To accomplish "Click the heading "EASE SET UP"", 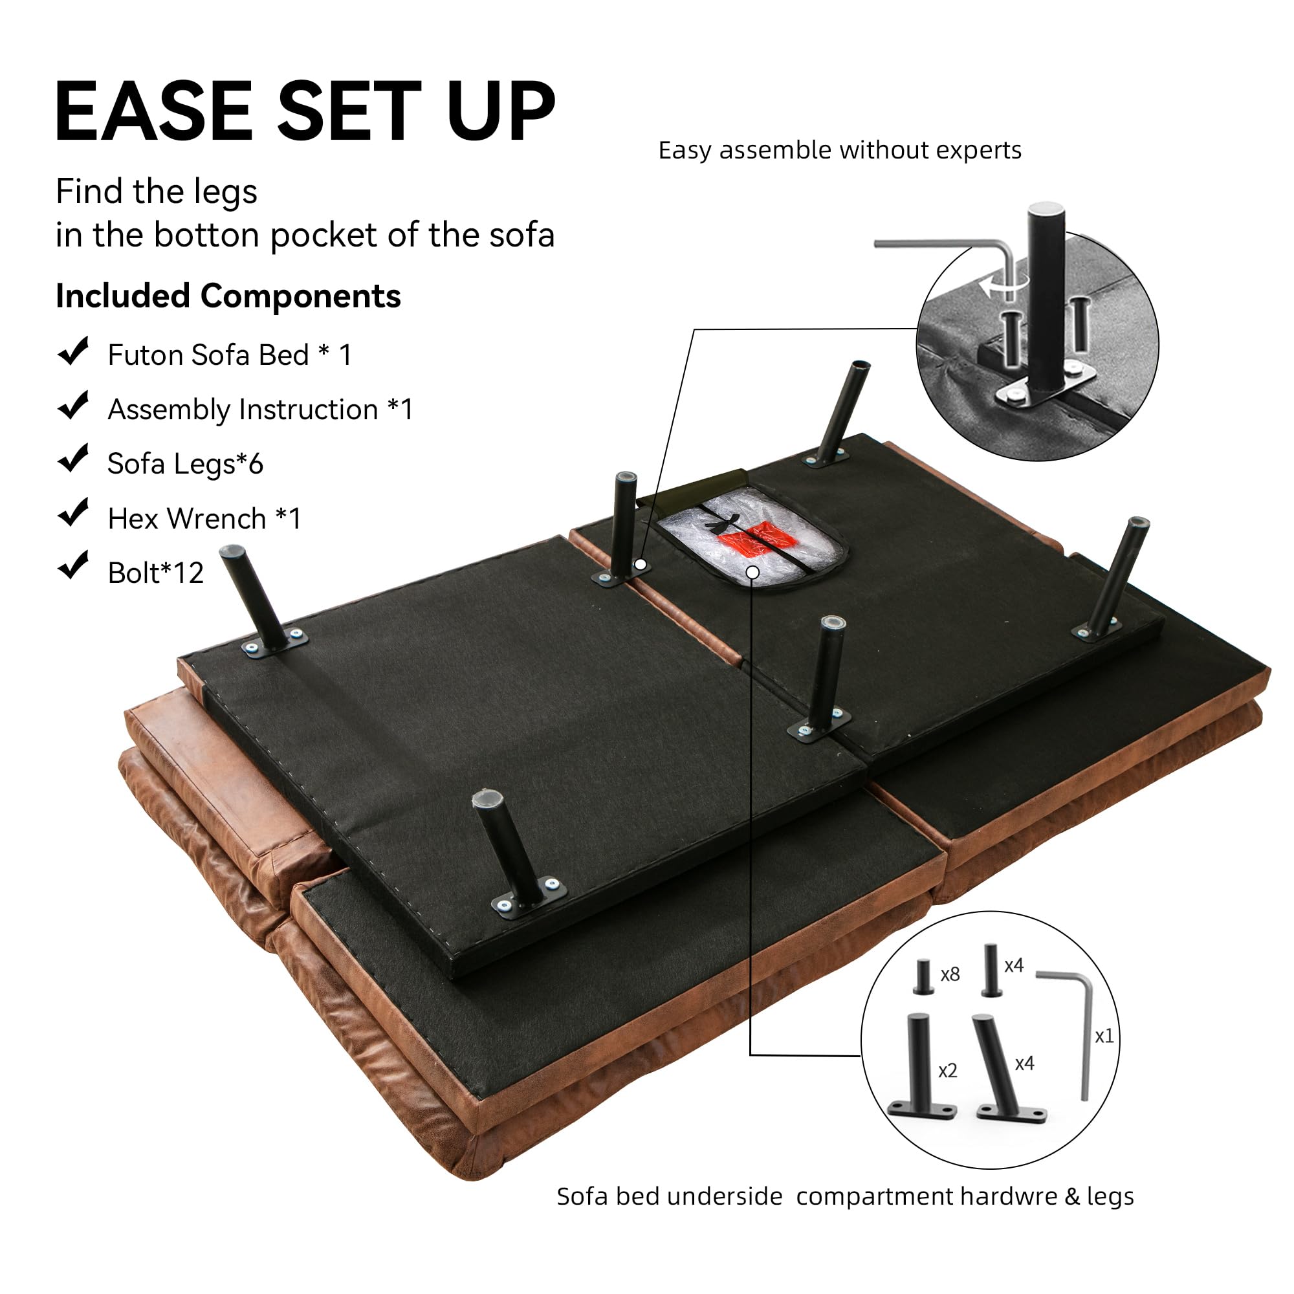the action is (x=305, y=111).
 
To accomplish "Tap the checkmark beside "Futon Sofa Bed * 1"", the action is (x=74, y=351).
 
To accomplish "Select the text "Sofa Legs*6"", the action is (x=186, y=464).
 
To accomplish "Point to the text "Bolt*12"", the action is (x=155, y=573).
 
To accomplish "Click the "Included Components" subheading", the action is (x=228, y=296).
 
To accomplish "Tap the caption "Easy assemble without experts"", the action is (x=840, y=150).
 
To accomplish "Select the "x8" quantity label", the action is (x=950, y=974).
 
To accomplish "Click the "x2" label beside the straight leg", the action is (x=948, y=1071).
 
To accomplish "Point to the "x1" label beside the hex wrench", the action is (x=1104, y=1036).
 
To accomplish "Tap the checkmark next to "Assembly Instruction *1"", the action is (x=74, y=406).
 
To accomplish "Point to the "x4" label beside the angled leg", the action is (x=1024, y=1064).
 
